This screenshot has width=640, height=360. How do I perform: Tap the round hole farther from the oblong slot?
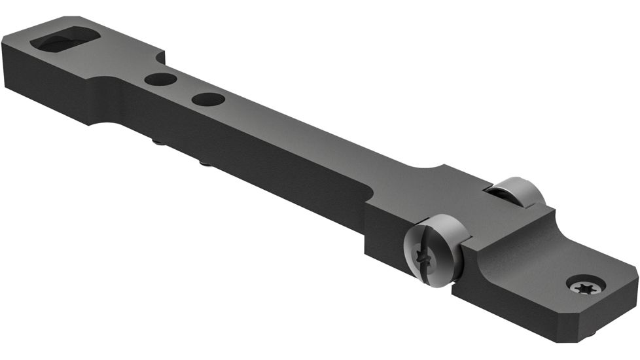click(208, 99)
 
